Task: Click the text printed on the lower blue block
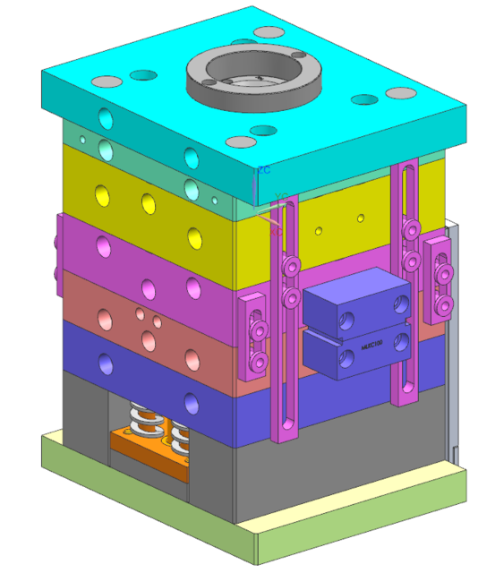372,344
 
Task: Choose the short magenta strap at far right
439,278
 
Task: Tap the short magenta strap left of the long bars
256,334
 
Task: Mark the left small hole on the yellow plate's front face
318,231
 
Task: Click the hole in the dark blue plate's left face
107,363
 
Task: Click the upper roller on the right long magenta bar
412,229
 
